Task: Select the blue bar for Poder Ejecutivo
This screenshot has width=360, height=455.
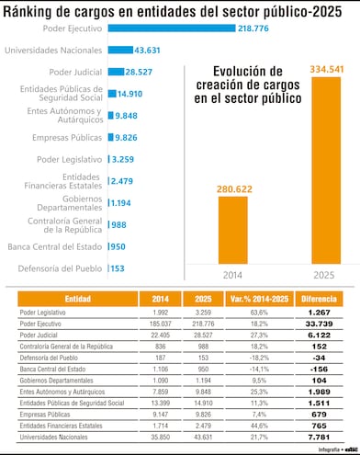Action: pyautogui.click(x=171, y=28)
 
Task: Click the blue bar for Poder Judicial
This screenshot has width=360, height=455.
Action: pyautogui.click(x=116, y=72)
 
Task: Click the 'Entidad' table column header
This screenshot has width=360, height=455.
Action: pyautogui.click(x=77, y=300)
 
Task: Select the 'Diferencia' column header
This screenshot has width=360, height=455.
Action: pyautogui.click(x=319, y=300)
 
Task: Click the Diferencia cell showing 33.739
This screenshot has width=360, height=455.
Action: pyautogui.click(x=319, y=324)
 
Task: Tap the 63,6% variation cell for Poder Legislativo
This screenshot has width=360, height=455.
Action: pyautogui.click(x=258, y=313)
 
